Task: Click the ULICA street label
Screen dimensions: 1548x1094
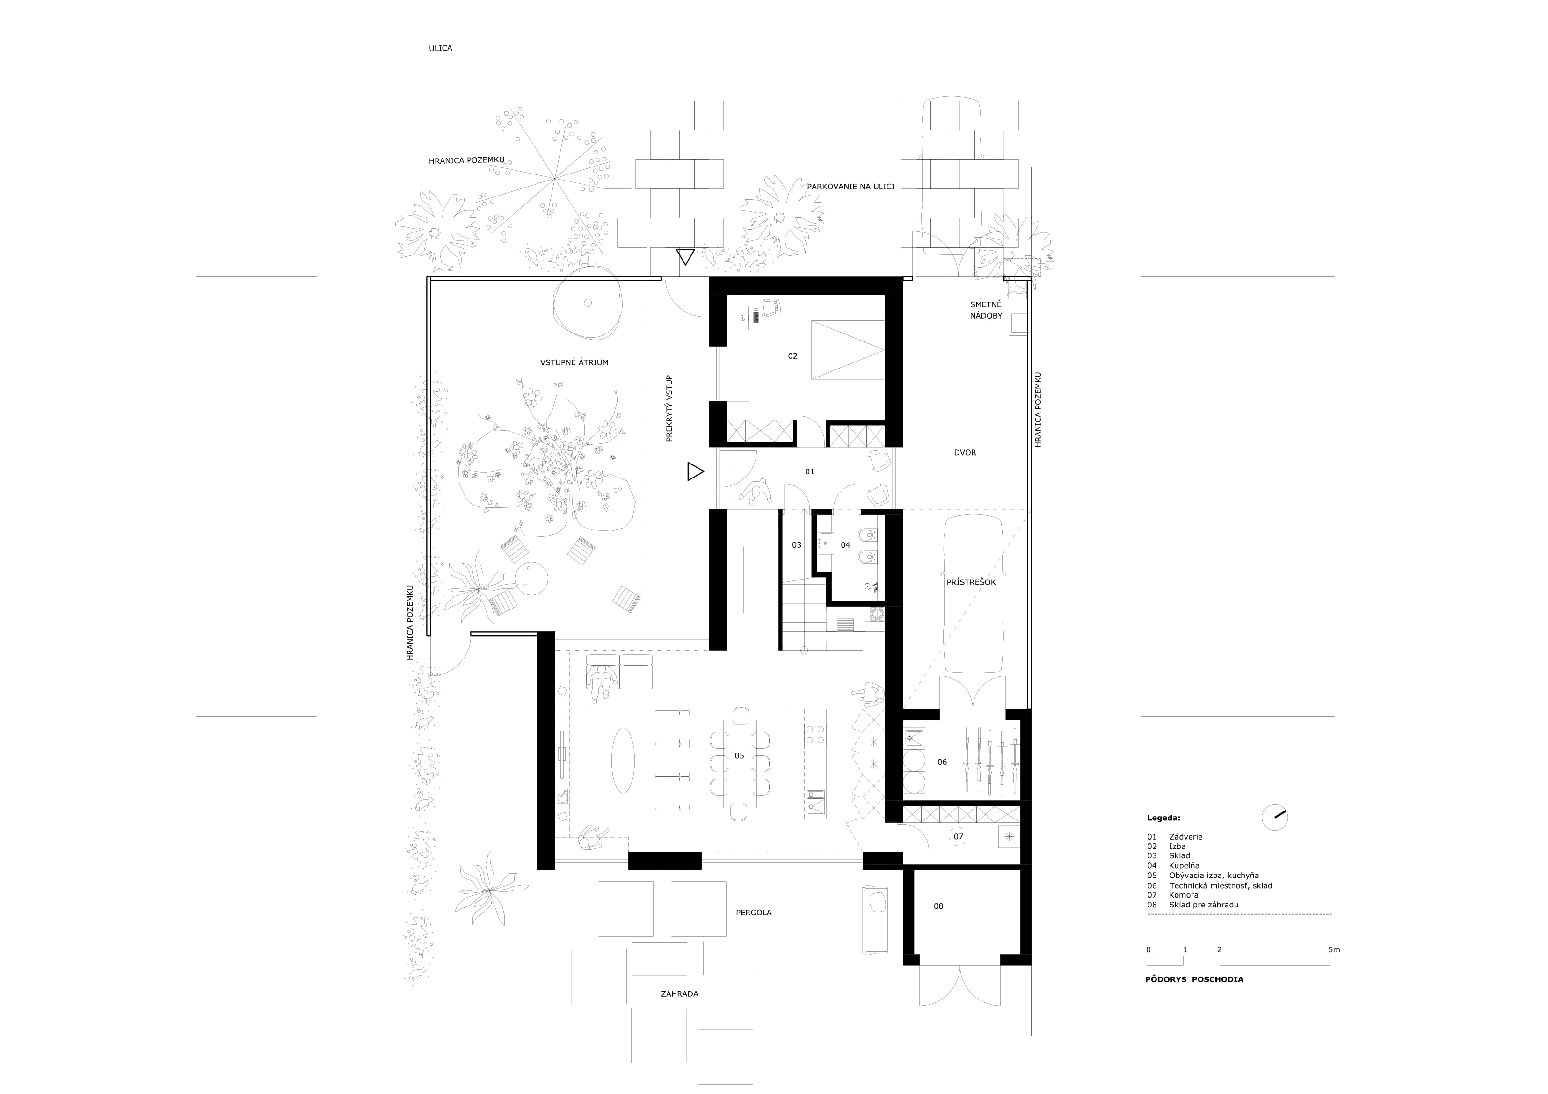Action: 440,49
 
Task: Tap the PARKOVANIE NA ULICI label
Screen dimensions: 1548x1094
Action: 851,186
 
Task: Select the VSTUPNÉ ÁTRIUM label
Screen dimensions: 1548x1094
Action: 574,362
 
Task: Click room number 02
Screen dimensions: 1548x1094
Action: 793,356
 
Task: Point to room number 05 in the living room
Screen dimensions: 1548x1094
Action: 740,756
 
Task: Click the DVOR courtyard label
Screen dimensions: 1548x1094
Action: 965,453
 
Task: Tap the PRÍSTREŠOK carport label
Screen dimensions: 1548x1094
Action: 971,582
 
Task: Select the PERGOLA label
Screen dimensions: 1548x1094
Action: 754,913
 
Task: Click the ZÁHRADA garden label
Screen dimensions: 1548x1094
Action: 680,993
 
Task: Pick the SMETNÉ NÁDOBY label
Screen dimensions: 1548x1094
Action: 986,310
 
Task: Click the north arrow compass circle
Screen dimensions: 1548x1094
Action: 1274,818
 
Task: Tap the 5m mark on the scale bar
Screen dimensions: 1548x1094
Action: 1334,950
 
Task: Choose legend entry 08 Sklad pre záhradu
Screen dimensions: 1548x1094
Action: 1192,905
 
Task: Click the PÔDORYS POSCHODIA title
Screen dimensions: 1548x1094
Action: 1194,979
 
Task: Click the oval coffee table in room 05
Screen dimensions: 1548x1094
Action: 623,761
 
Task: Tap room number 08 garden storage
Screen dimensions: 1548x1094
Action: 938,906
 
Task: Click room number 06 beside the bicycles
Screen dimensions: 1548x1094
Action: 942,762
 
